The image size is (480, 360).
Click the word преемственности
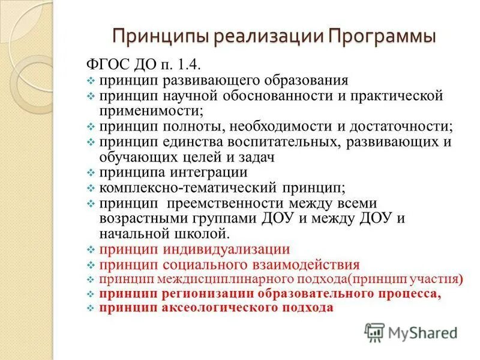pos(223,203)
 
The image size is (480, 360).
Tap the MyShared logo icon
pos(374,332)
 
